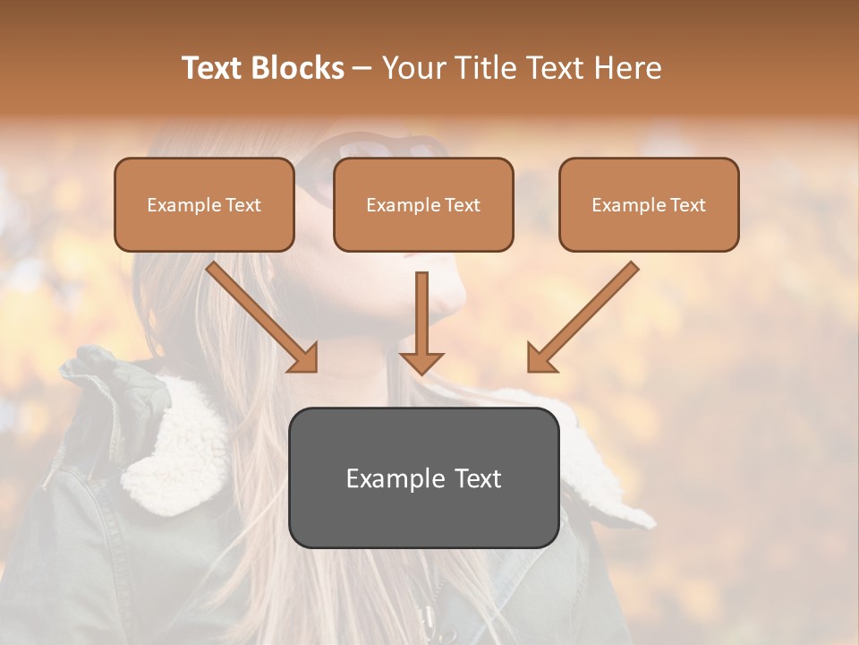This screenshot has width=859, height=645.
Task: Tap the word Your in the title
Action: [x=412, y=68]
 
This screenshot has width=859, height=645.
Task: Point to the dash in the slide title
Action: [x=362, y=68]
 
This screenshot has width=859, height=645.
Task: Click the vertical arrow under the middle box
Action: [x=421, y=314]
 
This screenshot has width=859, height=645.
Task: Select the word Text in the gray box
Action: [x=477, y=479]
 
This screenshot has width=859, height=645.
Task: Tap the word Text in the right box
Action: [x=688, y=205]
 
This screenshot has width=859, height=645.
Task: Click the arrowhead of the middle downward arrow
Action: [x=421, y=362]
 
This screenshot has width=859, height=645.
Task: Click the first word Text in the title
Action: [x=214, y=68]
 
